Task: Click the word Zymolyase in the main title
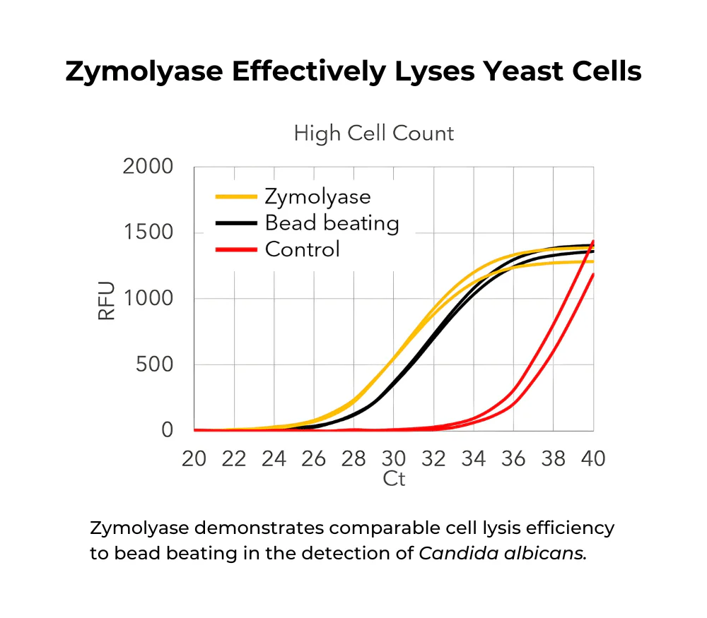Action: point(141,72)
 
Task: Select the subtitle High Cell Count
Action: point(374,133)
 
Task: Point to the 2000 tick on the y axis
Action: point(148,167)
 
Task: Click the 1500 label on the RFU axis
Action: point(148,233)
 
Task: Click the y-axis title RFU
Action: point(106,299)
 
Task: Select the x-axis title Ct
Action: point(394,479)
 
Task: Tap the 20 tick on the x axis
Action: point(194,458)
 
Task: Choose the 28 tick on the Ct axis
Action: point(353,458)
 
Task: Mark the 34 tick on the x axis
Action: point(474,458)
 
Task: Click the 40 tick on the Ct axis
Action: point(593,458)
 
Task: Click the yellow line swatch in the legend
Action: point(235,197)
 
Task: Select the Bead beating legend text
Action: point(332,223)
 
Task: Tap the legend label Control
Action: point(302,249)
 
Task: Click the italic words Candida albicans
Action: point(503,553)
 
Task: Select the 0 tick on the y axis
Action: point(167,430)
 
